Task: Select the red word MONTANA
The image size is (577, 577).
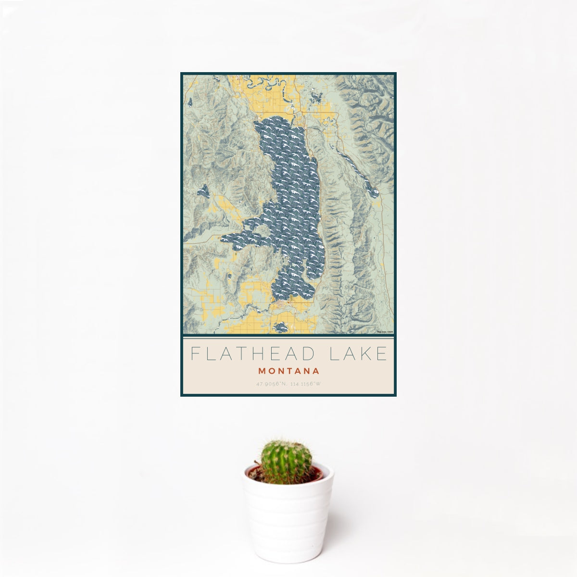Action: pyautogui.click(x=288, y=371)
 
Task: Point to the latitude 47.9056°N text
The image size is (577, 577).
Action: pyautogui.click(x=271, y=384)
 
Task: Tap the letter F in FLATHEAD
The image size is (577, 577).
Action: pyautogui.click(x=195, y=354)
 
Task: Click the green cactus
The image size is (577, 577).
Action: pyautogui.click(x=286, y=462)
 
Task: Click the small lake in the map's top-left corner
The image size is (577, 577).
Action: pyautogui.click(x=191, y=102)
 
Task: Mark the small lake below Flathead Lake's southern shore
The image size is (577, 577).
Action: pyautogui.click(x=280, y=328)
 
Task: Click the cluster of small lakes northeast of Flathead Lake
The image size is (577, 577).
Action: pyautogui.click(x=316, y=99)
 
